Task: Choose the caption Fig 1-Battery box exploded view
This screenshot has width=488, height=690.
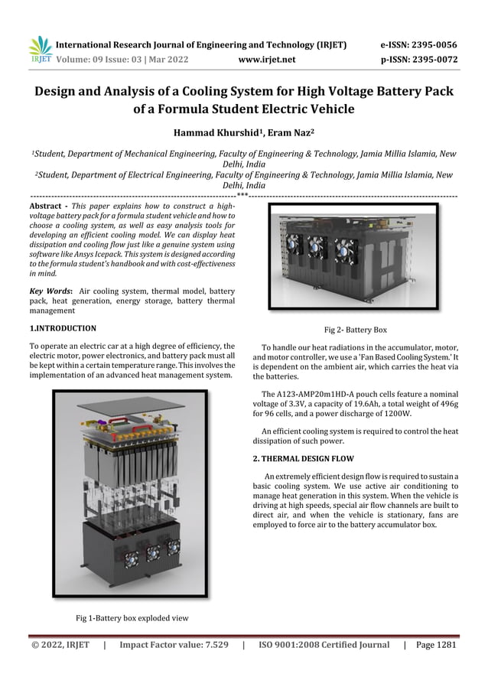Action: pyautogui.click(x=132, y=617)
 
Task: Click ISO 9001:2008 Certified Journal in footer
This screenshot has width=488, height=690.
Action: pyautogui.click(x=324, y=645)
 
